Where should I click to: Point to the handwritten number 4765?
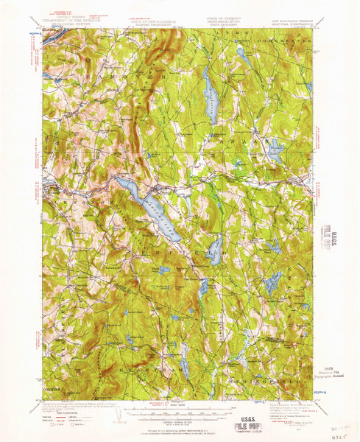pos(339,435)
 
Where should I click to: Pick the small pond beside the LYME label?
pos(240,53)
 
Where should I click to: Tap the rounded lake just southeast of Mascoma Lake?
pos(216,252)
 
